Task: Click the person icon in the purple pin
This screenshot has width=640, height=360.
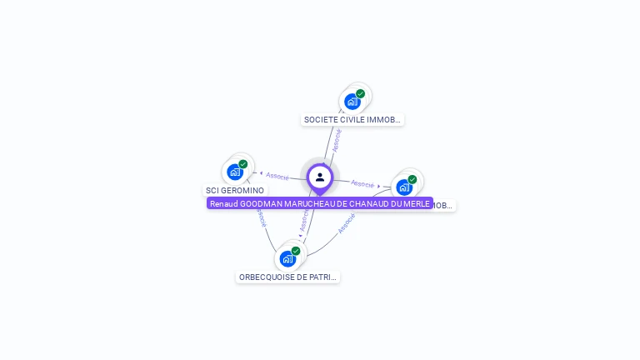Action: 320,177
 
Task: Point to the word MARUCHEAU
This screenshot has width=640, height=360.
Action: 307,203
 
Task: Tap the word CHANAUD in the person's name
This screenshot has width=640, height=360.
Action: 366,203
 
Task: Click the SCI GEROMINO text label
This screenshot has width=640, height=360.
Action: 235,191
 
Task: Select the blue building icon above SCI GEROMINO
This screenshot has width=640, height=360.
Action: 235,172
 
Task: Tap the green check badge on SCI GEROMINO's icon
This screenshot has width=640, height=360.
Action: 243,164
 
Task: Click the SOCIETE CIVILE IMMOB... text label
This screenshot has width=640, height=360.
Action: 352,120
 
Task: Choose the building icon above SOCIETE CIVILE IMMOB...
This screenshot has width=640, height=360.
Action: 352,102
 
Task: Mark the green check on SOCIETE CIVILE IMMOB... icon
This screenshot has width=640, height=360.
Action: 361,94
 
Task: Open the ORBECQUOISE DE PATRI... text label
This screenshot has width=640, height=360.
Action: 287,277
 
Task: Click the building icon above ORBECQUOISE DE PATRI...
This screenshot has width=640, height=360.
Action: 287,259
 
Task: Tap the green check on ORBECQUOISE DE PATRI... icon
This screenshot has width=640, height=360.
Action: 296,251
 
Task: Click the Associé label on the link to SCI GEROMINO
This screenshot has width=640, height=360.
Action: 277,176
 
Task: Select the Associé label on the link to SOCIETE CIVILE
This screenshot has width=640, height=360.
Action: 337,139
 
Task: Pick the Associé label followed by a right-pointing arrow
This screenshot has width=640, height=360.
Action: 362,183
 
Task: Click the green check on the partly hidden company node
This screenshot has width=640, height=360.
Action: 412,179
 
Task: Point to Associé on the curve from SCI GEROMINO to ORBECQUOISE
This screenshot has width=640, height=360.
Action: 262,219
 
